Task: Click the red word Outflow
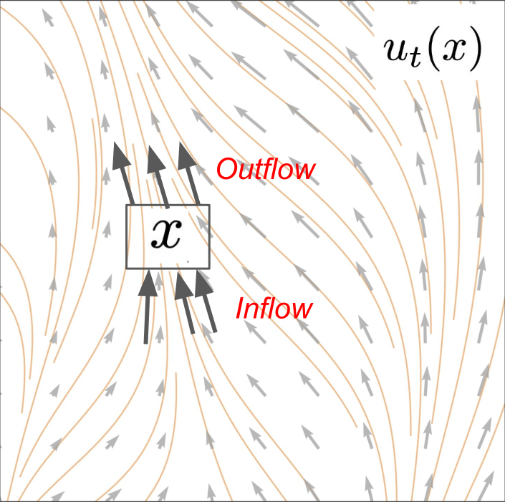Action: click(x=266, y=169)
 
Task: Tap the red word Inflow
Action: click(x=274, y=309)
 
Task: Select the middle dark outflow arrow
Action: click(x=159, y=176)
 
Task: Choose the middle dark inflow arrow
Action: click(x=187, y=304)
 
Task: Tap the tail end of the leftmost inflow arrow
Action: click(x=146, y=342)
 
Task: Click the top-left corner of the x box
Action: click(x=127, y=206)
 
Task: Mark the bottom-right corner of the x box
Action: click(x=209, y=269)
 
